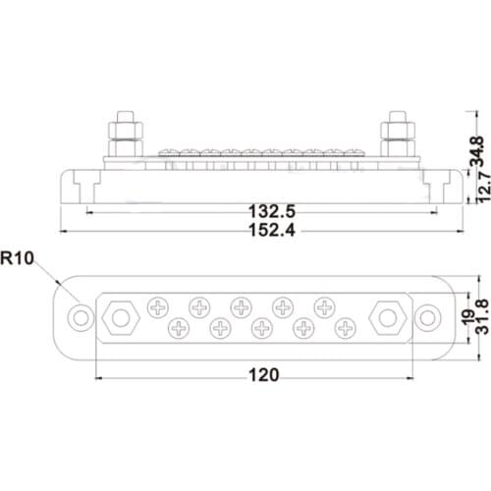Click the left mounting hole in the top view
82,317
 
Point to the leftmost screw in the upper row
157,307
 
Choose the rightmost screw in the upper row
323,307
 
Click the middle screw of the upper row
241,307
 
